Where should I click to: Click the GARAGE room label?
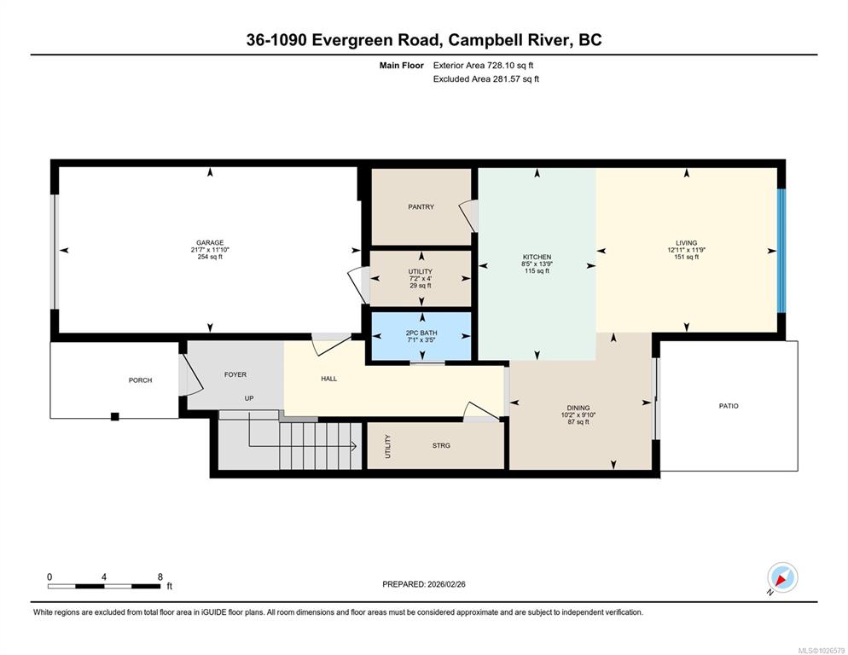point(210,243)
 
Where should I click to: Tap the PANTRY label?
point(421,206)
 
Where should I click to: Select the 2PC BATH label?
point(421,333)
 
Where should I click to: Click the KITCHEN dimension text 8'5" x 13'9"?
point(537,264)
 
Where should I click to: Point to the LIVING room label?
point(686,243)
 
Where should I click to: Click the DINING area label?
point(578,408)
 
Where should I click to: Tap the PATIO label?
point(729,406)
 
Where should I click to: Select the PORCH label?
point(140,380)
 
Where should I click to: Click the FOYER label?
point(235,374)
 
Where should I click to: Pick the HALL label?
point(328,379)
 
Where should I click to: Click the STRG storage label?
point(441,445)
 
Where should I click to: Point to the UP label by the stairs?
point(249,398)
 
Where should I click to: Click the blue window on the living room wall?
point(781,251)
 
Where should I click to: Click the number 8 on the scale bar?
point(160,577)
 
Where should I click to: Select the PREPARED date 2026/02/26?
point(446,584)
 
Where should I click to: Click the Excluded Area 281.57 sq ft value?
point(516,79)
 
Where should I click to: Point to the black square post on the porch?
point(114,416)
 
